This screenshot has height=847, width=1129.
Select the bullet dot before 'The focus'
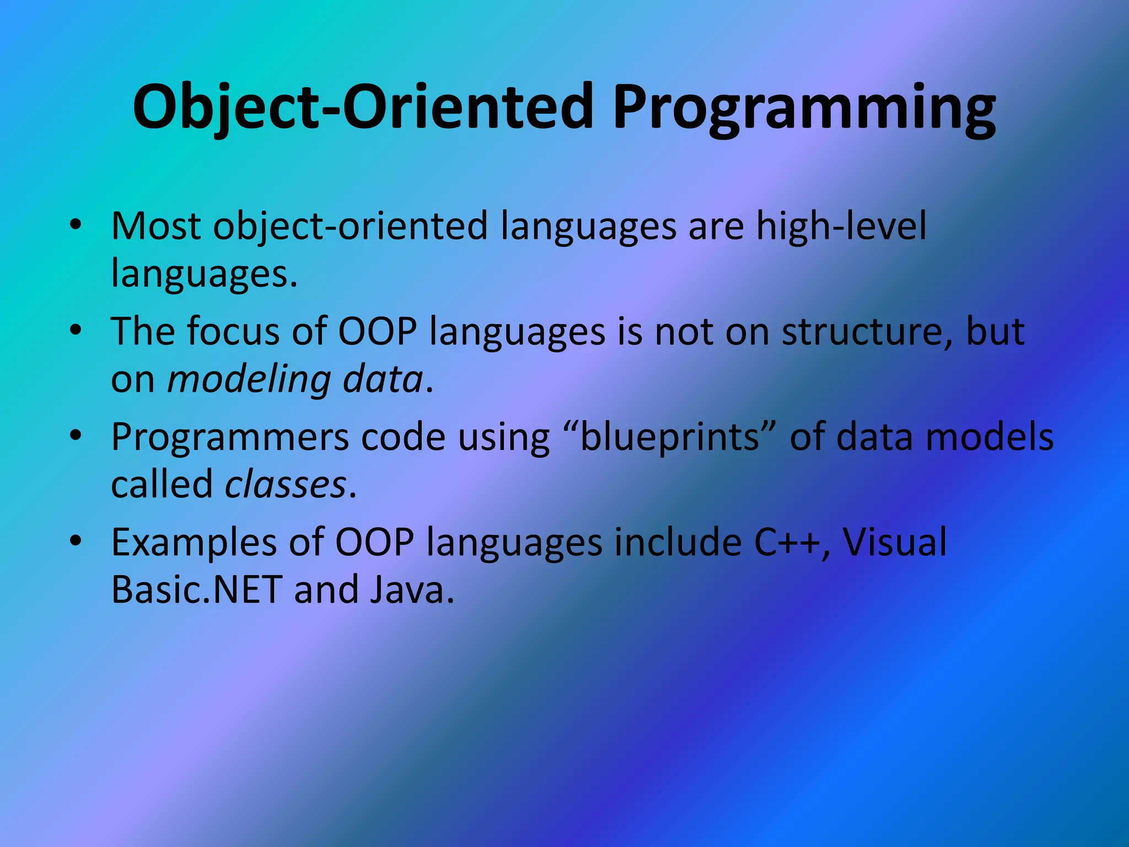[x=76, y=330]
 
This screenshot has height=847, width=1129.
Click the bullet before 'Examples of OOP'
[x=76, y=541]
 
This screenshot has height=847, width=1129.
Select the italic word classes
[x=286, y=485]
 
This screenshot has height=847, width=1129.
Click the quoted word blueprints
[x=670, y=437]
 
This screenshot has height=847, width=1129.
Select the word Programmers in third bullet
[x=230, y=437]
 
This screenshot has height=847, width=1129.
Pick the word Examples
[x=193, y=542]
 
